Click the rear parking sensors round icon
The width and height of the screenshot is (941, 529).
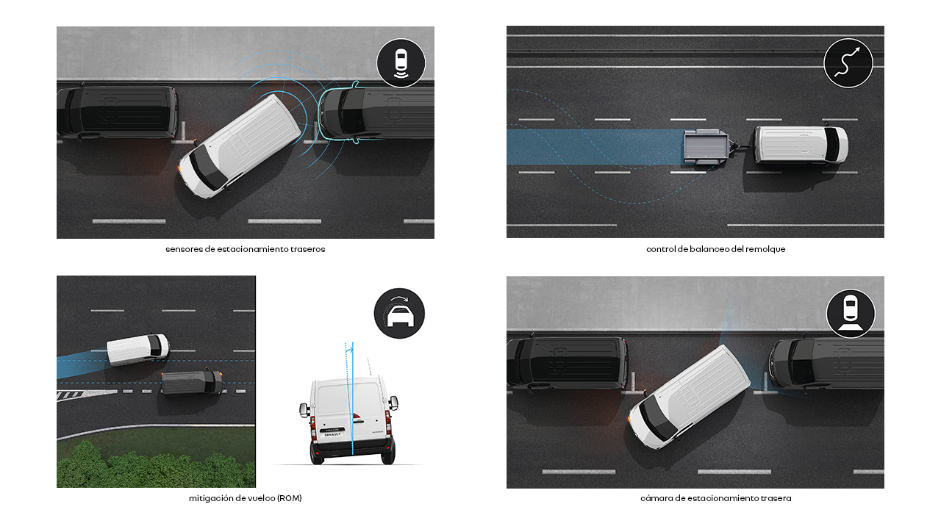point(401,63)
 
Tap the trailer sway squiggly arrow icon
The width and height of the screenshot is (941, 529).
point(848,63)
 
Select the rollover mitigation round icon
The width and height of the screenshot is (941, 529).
point(399,313)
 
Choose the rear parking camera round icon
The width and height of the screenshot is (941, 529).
point(851,314)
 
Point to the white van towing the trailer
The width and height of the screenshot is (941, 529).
point(801,145)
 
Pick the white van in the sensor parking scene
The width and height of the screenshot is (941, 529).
point(240,145)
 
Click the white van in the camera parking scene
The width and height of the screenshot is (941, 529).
point(689,397)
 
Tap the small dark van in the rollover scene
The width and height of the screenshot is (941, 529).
point(192,383)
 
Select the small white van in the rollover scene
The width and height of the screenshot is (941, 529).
point(138,349)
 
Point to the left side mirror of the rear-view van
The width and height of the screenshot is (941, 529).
point(304,410)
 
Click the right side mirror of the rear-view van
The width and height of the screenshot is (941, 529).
point(393,403)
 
